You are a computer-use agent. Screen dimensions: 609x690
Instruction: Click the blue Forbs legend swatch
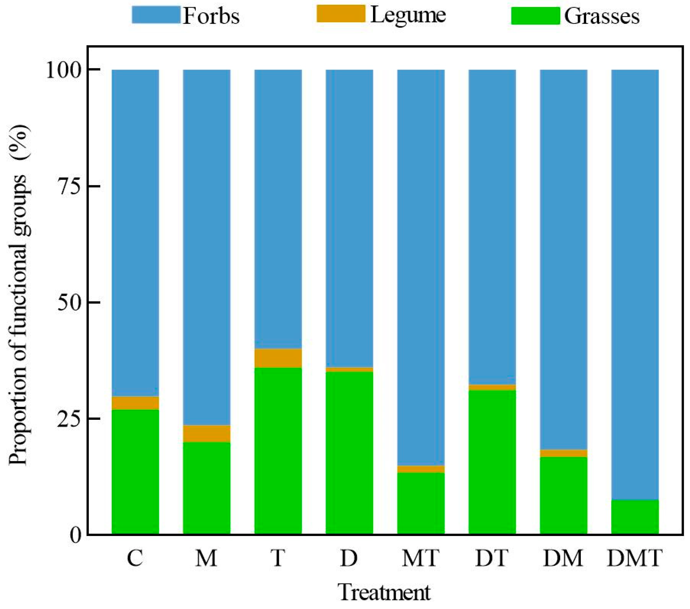156,15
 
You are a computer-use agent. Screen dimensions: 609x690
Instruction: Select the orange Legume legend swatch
341,14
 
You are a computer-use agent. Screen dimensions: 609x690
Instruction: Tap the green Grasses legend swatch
535,16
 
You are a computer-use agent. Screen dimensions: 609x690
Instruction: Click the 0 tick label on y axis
75,535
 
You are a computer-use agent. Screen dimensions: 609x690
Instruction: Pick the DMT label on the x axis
635,558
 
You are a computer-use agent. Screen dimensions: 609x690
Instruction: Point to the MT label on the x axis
420,558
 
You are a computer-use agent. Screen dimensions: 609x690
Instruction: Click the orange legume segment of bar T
278,358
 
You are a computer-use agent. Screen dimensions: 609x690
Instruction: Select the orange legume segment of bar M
207,433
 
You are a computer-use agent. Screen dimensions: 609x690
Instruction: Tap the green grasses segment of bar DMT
635,517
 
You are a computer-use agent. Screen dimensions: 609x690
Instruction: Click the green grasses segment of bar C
135,471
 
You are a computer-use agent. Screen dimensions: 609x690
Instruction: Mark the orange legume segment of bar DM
563,453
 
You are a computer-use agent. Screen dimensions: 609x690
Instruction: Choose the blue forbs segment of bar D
349,216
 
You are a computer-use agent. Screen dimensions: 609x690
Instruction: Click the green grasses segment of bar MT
420,503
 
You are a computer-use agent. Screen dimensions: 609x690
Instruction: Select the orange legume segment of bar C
135,403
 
